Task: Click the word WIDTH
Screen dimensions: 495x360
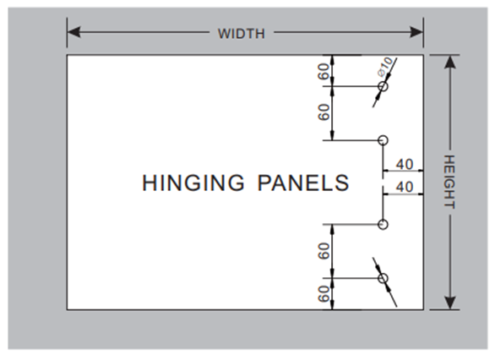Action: click(242, 34)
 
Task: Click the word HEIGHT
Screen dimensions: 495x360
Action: click(449, 182)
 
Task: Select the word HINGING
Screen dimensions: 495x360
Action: click(193, 183)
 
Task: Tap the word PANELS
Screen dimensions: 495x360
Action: click(303, 183)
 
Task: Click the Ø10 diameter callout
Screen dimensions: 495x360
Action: click(385, 67)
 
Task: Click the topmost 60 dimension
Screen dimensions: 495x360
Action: click(324, 72)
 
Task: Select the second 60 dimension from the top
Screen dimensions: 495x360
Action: click(324, 112)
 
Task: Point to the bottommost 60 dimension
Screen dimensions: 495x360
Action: click(324, 294)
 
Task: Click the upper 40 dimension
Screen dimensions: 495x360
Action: click(405, 165)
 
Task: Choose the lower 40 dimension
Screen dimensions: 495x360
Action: click(405, 187)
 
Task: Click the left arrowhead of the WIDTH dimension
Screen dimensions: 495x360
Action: click(73, 32)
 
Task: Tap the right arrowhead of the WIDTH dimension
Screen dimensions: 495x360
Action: click(416, 32)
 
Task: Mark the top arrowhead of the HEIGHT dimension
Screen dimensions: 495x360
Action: click(450, 62)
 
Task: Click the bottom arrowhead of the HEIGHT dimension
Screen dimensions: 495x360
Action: click(450, 303)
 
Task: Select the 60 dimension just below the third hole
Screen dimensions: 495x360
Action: click(324, 251)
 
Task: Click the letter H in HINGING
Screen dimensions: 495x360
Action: click(149, 183)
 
